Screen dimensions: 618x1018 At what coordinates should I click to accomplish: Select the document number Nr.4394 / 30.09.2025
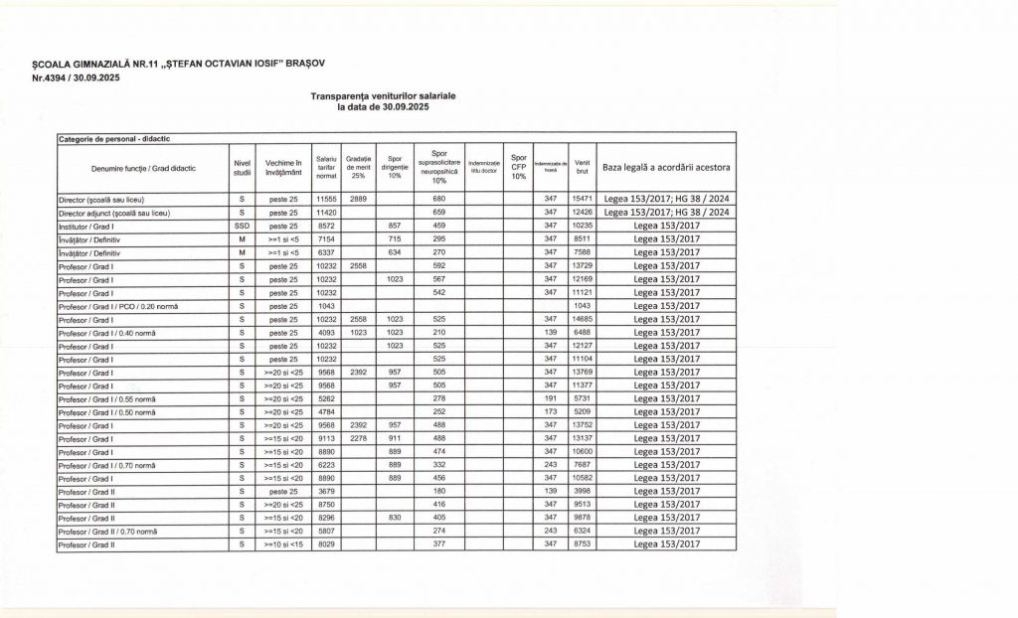77,77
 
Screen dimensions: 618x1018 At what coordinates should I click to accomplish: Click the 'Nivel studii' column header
241,167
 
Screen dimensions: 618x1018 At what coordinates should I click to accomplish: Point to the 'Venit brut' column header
583,167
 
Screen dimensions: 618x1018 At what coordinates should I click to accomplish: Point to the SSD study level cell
241,227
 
